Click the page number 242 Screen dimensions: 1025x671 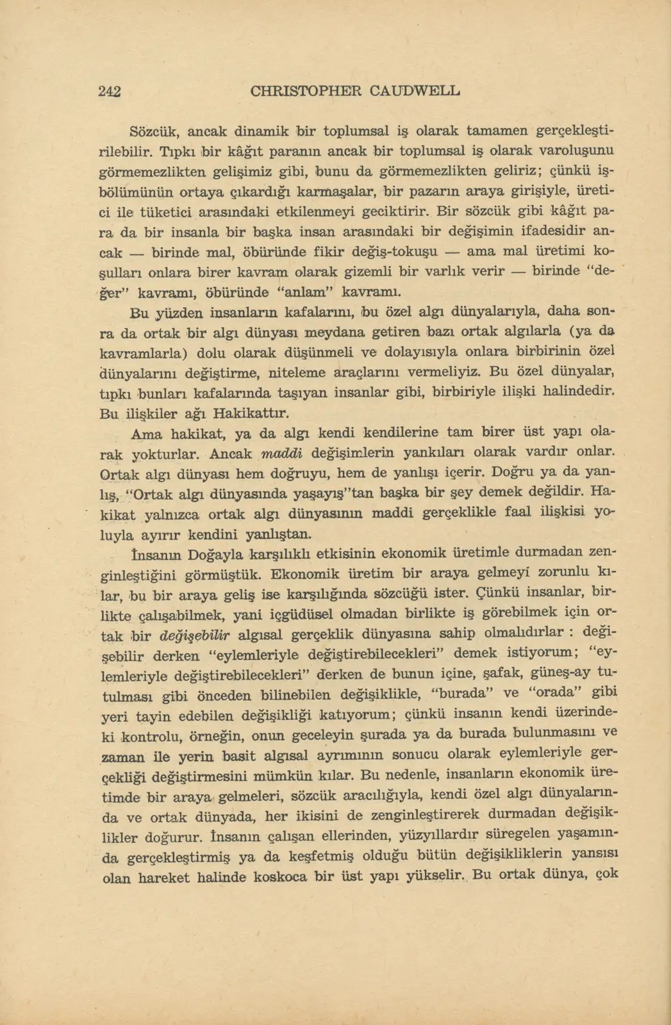[110, 91]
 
